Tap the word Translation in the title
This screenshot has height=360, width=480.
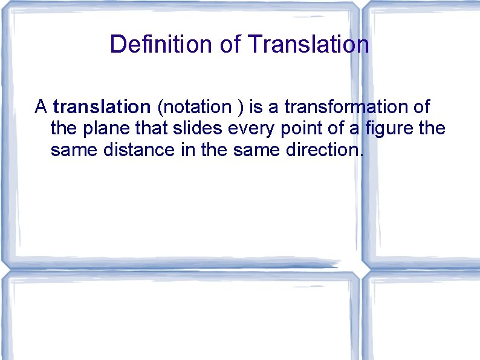click(x=308, y=44)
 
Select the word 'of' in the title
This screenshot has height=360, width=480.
click(x=236, y=44)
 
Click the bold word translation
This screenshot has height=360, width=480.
click(x=102, y=107)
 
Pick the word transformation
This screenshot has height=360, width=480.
click(x=350, y=107)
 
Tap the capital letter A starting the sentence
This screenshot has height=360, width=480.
click(x=41, y=107)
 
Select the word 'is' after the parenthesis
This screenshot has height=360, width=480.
click(x=256, y=107)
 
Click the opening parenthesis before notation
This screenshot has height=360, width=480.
click(x=159, y=108)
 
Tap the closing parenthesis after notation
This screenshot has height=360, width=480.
click(x=241, y=108)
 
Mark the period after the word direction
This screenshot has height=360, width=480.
click(x=362, y=154)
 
